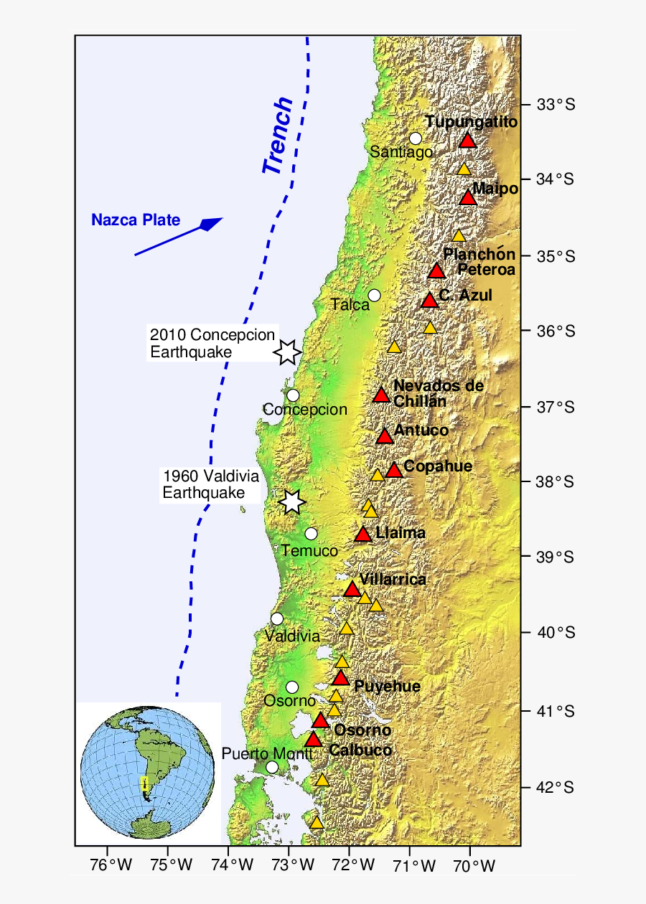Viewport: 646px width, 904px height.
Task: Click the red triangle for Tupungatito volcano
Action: pos(468,141)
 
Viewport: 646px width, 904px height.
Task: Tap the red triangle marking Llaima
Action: pos(363,535)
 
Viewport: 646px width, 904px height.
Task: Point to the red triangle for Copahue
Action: pos(393,471)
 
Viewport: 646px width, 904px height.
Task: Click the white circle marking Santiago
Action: pos(415,138)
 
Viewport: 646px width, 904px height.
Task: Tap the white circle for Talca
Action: pos(374,296)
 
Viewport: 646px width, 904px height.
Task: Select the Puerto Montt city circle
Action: pos(272,767)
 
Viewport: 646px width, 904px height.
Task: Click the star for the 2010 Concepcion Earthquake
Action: pos(287,352)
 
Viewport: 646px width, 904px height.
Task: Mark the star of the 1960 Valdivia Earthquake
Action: pos(291,502)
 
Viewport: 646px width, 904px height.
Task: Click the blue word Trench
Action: pos(278,136)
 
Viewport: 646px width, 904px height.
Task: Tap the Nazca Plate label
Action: pos(136,220)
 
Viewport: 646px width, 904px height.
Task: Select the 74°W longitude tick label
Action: pos(229,866)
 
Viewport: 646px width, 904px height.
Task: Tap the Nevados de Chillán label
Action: pos(438,393)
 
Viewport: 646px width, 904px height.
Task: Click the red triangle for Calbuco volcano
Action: pos(314,740)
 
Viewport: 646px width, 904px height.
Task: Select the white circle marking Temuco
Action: pos(311,534)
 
